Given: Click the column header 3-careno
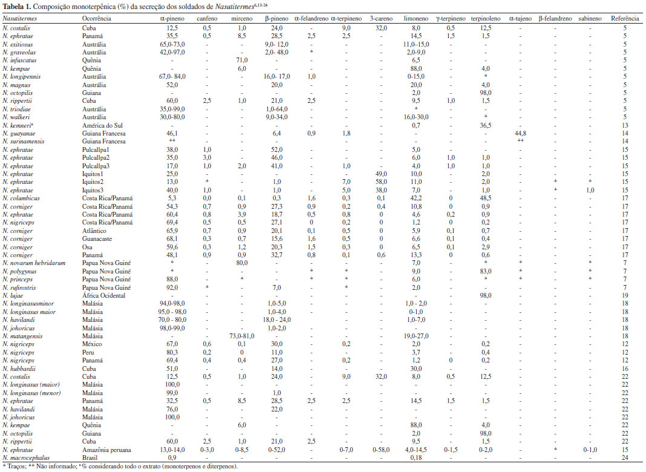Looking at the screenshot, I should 381,19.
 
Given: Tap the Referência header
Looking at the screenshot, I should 626,19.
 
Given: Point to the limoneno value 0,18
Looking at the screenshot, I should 415,457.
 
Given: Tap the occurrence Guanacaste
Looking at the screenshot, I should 99,237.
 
